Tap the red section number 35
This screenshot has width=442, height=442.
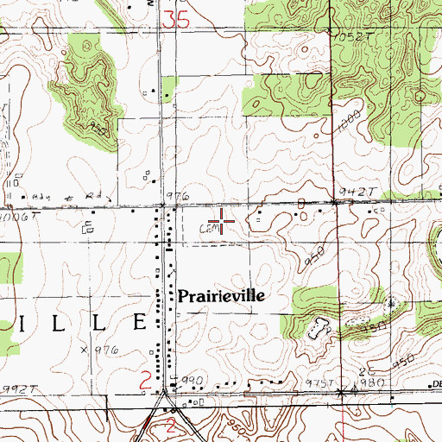tap(174, 19)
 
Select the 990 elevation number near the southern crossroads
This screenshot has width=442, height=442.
tap(191, 381)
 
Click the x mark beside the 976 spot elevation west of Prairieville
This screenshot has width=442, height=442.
tap(84, 350)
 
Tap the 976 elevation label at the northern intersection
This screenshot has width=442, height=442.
tap(177, 198)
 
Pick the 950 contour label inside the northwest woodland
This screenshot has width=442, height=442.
tap(98, 128)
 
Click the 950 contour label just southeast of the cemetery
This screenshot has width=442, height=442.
tap(313, 258)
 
